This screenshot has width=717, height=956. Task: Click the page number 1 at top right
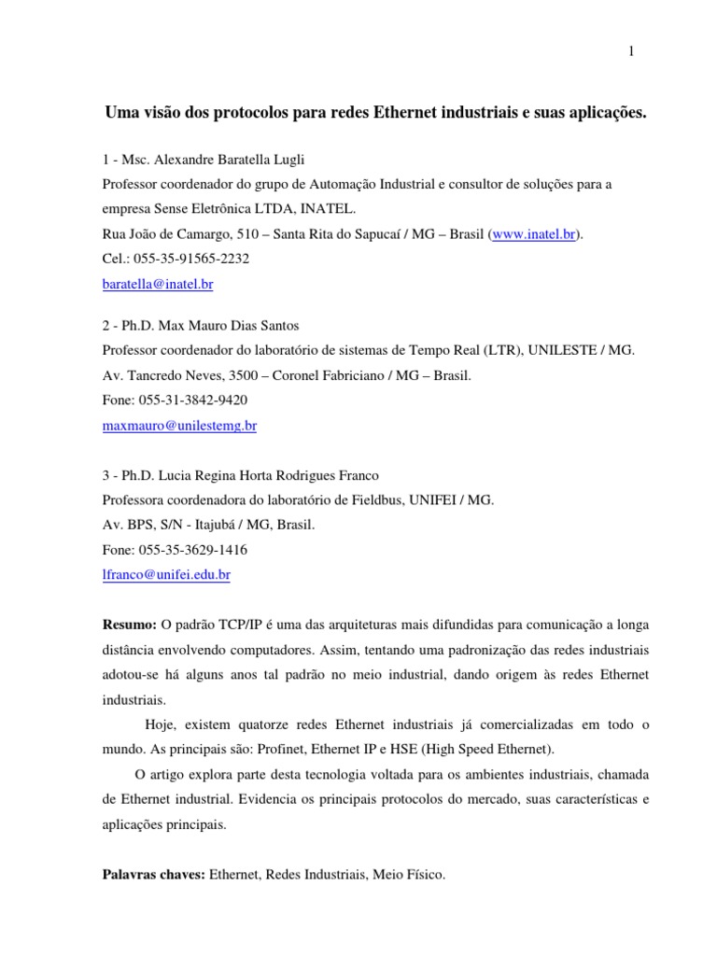[x=631, y=52]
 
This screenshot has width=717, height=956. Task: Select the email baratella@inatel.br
[x=162, y=282]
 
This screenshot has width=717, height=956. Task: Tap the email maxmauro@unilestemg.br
[x=178, y=425]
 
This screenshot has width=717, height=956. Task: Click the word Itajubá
[x=195, y=525]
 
